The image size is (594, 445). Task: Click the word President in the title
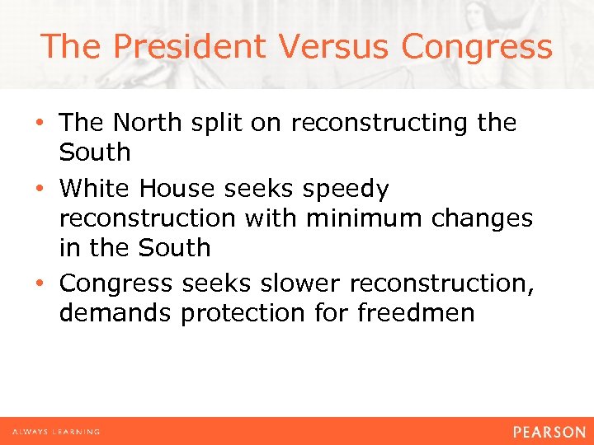click(191, 46)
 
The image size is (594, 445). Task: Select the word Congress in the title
click(477, 46)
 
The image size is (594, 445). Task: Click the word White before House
click(94, 189)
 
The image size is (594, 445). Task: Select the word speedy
click(346, 190)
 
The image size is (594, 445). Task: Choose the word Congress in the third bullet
click(116, 284)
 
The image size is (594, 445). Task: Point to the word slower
click(299, 283)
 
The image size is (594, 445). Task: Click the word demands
click(115, 313)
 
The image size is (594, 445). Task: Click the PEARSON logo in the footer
click(549, 431)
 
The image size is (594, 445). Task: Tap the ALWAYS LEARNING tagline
click(56, 431)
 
